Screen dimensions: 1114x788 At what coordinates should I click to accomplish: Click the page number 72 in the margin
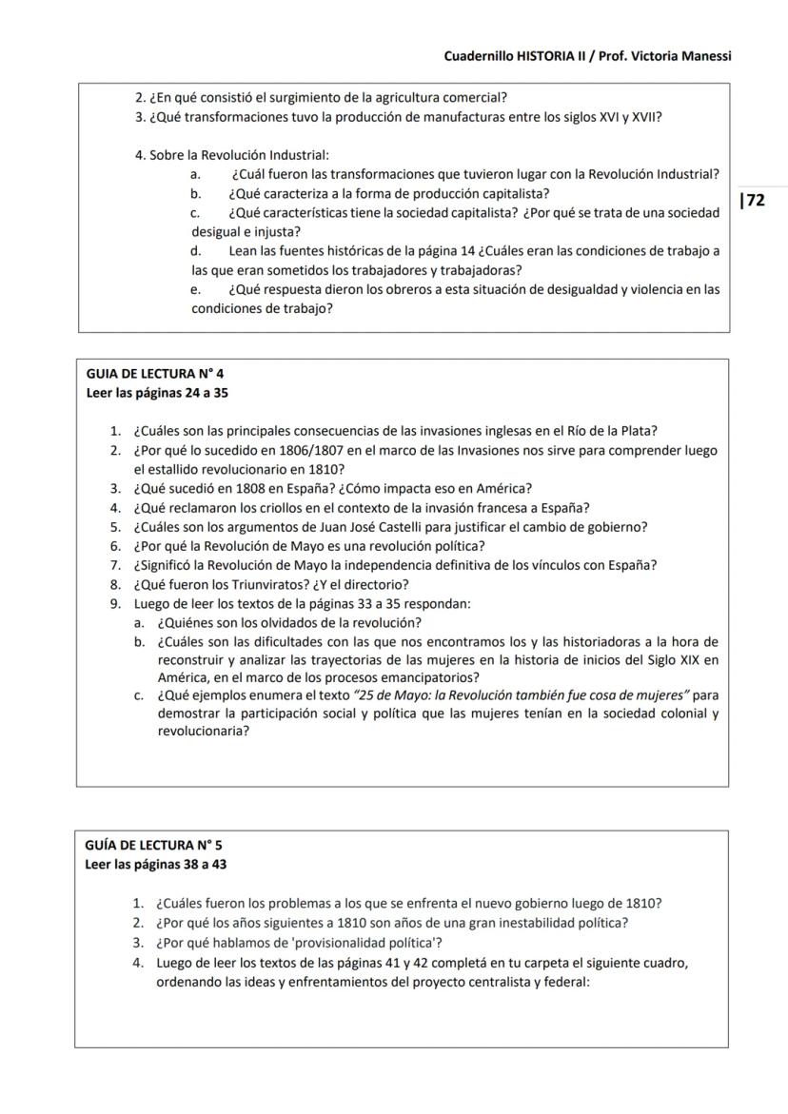pyautogui.click(x=754, y=200)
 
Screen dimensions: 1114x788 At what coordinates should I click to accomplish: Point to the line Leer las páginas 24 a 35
pyautogui.click(x=157, y=392)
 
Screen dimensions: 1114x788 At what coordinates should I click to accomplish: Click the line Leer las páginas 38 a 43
pyautogui.click(x=156, y=864)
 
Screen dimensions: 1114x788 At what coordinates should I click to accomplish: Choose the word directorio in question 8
pyautogui.click(x=378, y=584)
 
